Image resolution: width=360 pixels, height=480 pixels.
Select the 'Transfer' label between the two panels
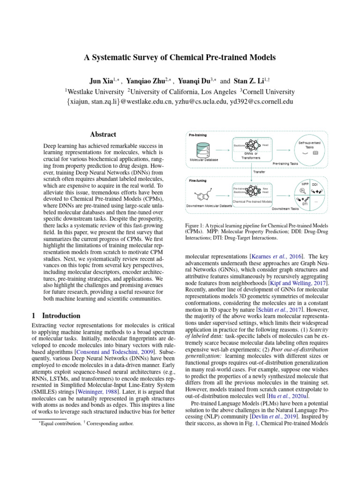click(x=259, y=172)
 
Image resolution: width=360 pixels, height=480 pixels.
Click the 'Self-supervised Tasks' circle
click(x=310, y=147)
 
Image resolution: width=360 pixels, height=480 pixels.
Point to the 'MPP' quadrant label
click(x=305, y=184)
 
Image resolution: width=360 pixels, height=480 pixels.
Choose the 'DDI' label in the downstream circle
click(x=315, y=185)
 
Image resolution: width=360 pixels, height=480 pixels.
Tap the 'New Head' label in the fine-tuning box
click(x=265, y=190)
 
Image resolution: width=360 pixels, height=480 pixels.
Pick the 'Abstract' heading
click(x=103, y=134)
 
